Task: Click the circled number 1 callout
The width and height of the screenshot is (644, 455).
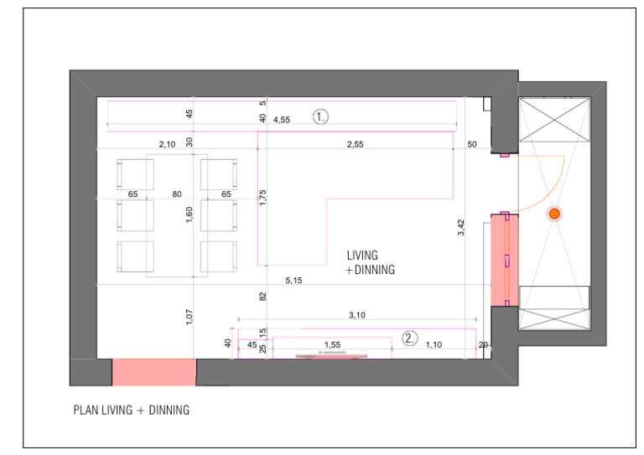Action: [320, 117]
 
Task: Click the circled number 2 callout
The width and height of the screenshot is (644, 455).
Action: [409, 339]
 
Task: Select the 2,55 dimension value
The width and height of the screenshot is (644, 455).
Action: [356, 145]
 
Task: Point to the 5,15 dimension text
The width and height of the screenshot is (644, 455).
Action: [294, 280]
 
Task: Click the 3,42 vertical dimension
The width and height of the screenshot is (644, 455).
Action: [460, 228]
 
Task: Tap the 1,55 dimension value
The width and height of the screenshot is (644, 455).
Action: [332, 344]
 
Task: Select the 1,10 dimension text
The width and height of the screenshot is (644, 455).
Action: [434, 344]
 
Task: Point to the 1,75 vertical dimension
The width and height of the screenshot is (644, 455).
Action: [262, 198]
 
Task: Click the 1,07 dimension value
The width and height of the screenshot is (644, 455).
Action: [190, 318]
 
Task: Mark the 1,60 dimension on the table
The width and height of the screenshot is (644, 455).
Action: [190, 215]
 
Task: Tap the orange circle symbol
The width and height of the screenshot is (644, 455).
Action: [554, 214]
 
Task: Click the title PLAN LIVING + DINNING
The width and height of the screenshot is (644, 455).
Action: [132, 411]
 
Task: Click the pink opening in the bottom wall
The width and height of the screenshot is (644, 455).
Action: [154, 371]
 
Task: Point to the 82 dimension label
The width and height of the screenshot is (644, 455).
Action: [262, 296]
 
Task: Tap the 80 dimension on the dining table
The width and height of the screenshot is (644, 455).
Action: [177, 194]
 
